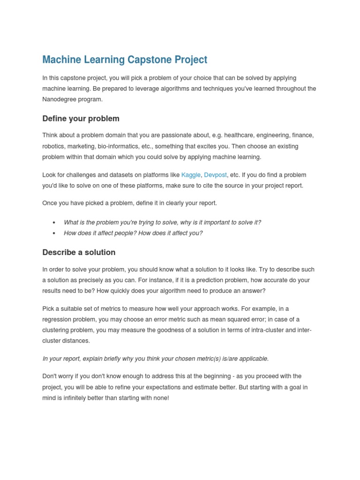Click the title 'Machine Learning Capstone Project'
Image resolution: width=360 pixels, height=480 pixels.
[x=125, y=60]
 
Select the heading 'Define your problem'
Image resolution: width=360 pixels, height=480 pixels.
[x=81, y=119]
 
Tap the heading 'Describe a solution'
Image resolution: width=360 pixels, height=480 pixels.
[x=79, y=252]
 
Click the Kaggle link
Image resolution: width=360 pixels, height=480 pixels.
[x=191, y=175]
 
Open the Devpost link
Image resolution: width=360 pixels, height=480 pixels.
[x=215, y=175]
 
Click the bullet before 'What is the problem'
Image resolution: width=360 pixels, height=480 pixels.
[x=54, y=223]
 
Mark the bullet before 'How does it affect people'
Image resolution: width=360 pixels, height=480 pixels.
[x=54, y=233]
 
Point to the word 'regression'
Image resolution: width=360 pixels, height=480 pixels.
[x=57, y=319]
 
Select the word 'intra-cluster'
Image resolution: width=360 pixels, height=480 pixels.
[x=264, y=330]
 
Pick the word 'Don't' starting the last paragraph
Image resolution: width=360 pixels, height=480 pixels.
[x=50, y=376]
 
